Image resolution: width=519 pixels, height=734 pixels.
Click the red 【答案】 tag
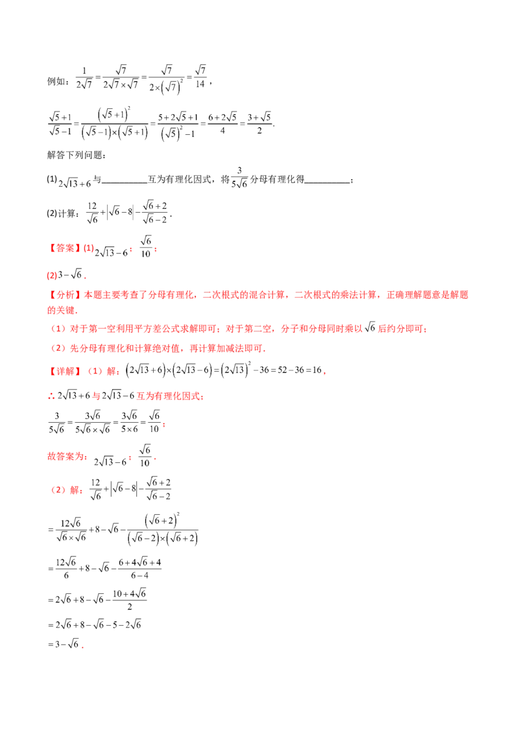(x=64, y=248)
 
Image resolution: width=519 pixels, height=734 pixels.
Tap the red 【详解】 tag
(x=64, y=372)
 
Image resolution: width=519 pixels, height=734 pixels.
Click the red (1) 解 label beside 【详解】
(x=103, y=372)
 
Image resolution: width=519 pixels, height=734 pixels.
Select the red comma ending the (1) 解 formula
(x=324, y=372)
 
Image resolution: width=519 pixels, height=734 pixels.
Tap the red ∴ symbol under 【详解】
(x=51, y=395)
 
